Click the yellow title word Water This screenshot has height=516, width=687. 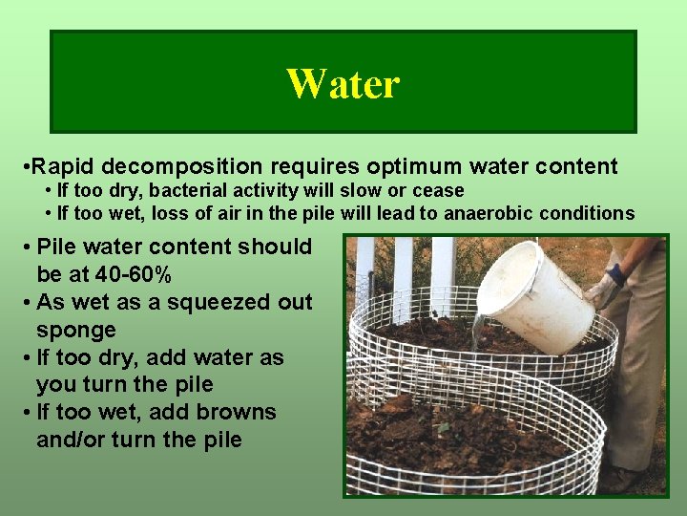(343, 84)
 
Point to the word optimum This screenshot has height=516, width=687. (421, 167)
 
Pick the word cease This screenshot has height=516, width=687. (438, 191)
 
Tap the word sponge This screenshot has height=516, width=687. (76, 331)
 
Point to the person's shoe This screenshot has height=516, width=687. (626, 478)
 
